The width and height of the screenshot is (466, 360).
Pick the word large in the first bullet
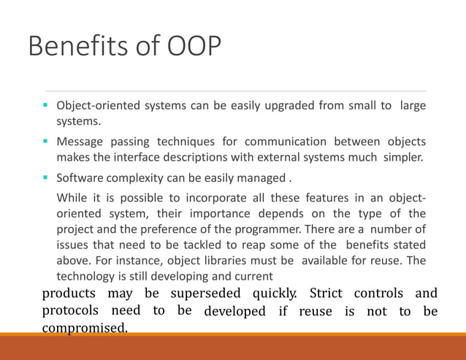[x=412, y=107]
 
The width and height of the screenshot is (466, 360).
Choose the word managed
[x=263, y=178]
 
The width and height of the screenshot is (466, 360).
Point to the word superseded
[x=207, y=294]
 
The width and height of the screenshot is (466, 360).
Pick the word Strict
[x=326, y=294]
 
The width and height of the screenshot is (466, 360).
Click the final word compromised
[x=84, y=329]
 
